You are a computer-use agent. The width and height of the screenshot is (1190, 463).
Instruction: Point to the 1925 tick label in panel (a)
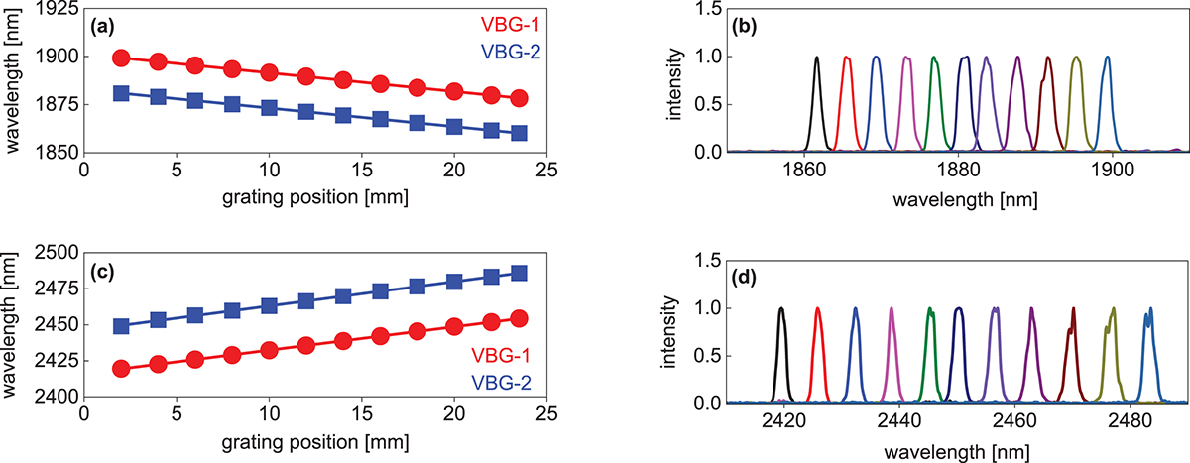(x=58, y=9)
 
